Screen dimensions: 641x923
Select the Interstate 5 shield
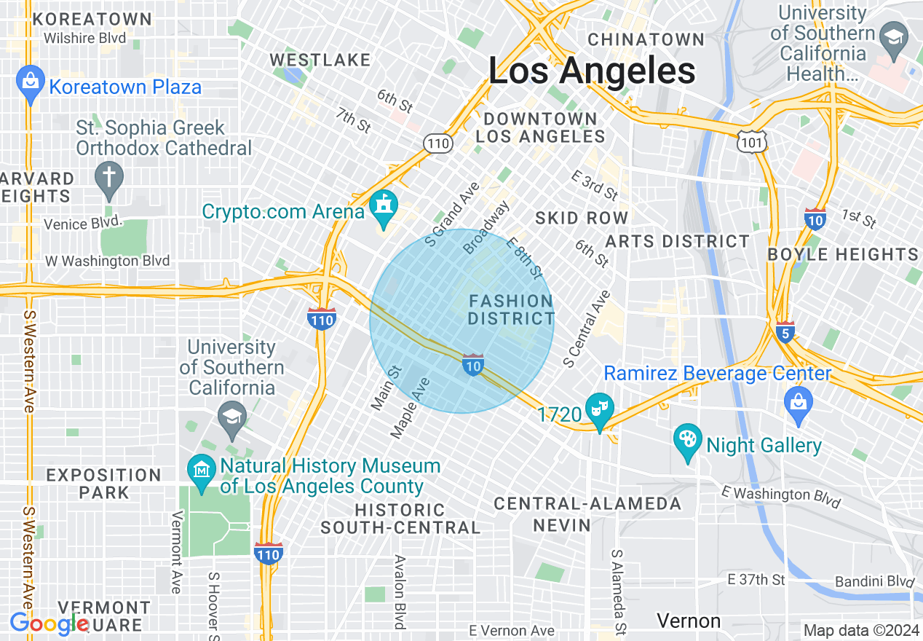coord(784,331)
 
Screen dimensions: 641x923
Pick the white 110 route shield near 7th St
coord(438,143)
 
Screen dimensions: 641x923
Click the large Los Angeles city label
coord(591,71)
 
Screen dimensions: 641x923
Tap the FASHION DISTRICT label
coord(511,310)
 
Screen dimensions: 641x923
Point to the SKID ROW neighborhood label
coord(582,218)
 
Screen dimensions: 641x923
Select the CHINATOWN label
coord(646,39)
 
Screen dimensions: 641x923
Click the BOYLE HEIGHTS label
coord(843,254)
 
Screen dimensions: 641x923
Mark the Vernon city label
coord(689,621)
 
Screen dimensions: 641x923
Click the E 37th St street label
coord(756,580)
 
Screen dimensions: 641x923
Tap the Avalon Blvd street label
coord(400,591)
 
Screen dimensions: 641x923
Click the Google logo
coord(49,624)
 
